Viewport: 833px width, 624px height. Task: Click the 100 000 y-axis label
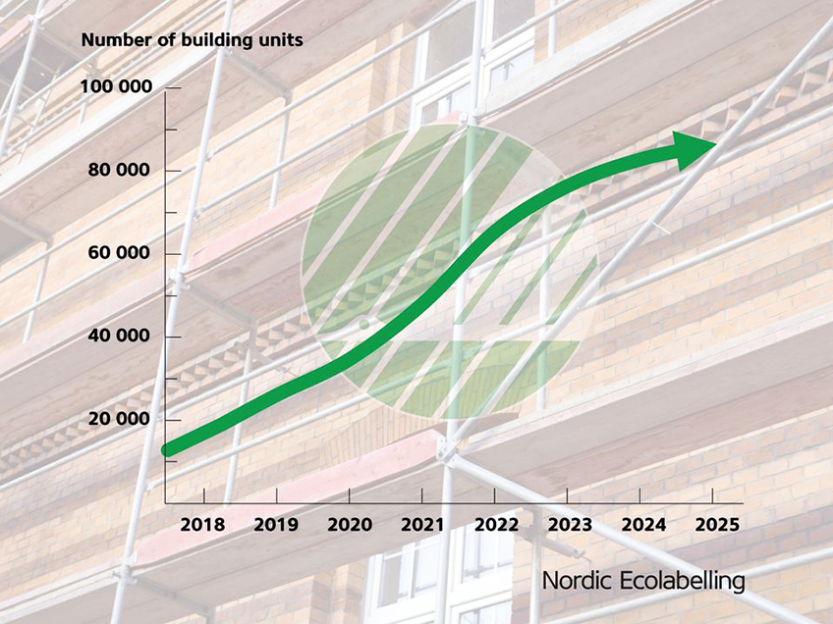pyautogui.click(x=116, y=86)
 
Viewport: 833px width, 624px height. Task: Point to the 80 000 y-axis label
pyautogui.click(x=119, y=170)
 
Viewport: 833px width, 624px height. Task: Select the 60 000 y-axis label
pyautogui.click(x=119, y=252)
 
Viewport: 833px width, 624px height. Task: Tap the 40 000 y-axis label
pyautogui.click(x=119, y=336)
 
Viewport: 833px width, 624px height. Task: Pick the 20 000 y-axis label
pyautogui.click(x=119, y=419)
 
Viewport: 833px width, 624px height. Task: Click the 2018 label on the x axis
pyautogui.click(x=203, y=525)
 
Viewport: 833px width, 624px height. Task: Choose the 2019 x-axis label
pyautogui.click(x=276, y=525)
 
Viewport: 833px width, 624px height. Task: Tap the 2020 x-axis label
pyautogui.click(x=350, y=525)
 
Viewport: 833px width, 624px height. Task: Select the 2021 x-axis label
pyautogui.click(x=422, y=525)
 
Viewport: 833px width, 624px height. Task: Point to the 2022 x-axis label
pyautogui.click(x=496, y=525)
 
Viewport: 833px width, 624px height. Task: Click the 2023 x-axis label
pyautogui.click(x=570, y=525)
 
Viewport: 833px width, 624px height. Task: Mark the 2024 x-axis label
pyautogui.click(x=643, y=525)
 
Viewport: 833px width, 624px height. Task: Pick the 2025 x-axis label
pyautogui.click(x=717, y=525)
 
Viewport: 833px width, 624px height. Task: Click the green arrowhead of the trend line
pyautogui.click(x=691, y=150)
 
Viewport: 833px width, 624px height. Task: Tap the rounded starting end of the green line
pyautogui.click(x=168, y=449)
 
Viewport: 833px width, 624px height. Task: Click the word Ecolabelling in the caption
pyautogui.click(x=682, y=581)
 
